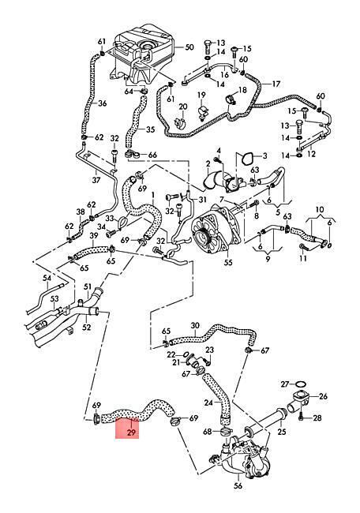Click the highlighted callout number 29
click(x=131, y=432)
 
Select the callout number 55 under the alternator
click(x=228, y=263)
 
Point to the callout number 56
click(x=238, y=486)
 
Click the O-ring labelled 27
click(x=301, y=384)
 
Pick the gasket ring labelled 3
click(x=246, y=159)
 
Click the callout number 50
click(x=189, y=47)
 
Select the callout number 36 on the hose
click(x=103, y=103)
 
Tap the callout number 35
click(x=150, y=129)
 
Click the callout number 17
click(x=276, y=84)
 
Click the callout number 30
click(x=195, y=326)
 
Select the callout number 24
click(x=208, y=403)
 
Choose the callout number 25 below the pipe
click(x=282, y=432)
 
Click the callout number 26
click(x=323, y=396)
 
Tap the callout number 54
click(x=47, y=278)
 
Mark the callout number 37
click(x=96, y=180)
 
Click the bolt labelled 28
click(x=302, y=418)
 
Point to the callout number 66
click(x=152, y=155)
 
